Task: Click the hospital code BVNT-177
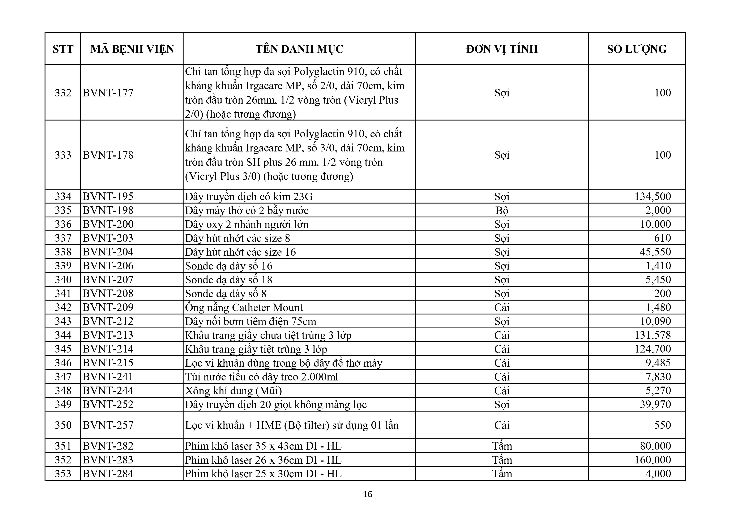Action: pyautogui.click(x=108, y=93)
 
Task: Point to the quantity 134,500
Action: pyautogui.click(x=653, y=196)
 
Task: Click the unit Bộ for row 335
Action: pyautogui.click(x=502, y=210)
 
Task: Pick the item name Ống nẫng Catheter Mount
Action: pyautogui.click(x=244, y=308)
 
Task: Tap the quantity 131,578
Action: pyautogui.click(x=653, y=335)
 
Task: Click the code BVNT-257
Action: pyautogui.click(x=108, y=425)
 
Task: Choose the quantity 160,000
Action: pyautogui.click(x=653, y=460)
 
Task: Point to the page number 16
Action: pyautogui.click(x=368, y=494)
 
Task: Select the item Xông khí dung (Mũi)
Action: pyautogui.click(x=233, y=391)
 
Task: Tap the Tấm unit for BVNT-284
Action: pyautogui.click(x=502, y=474)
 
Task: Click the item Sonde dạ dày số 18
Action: pyautogui.click(x=228, y=280)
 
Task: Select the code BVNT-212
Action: pyautogui.click(x=108, y=321)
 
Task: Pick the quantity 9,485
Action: pyautogui.click(x=658, y=363)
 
